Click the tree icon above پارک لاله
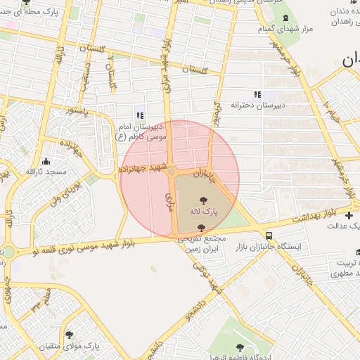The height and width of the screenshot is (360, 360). (x=204, y=200)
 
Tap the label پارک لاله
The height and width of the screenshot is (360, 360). (x=204, y=211)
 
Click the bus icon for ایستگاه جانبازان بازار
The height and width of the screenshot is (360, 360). (x=269, y=236)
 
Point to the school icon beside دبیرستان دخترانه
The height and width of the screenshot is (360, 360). (x=257, y=94)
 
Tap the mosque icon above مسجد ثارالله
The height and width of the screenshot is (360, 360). (x=46, y=160)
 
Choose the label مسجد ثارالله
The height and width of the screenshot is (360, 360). (x=46, y=172)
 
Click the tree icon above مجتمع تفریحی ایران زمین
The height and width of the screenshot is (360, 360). (x=202, y=228)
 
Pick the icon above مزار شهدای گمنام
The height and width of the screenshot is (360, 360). (x=285, y=18)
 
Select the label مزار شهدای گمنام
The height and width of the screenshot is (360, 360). (x=285, y=28)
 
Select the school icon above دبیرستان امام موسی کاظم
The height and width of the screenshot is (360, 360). (x=139, y=115)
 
